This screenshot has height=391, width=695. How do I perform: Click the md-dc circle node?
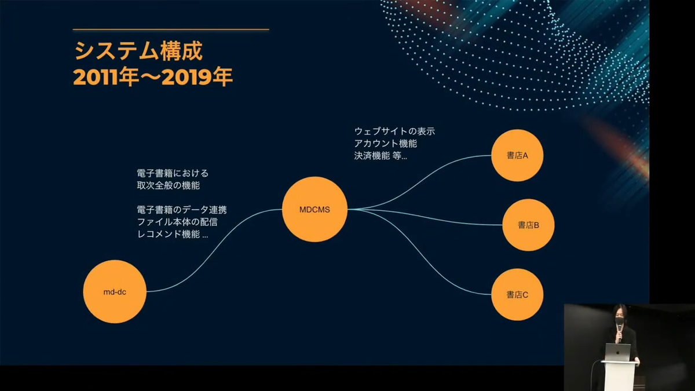coord(115,292)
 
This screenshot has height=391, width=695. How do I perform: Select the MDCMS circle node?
coord(314,210)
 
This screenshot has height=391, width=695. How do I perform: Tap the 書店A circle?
coord(517,155)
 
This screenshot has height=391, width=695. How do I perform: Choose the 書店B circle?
coord(528,225)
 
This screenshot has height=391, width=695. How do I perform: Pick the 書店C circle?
coord(517,294)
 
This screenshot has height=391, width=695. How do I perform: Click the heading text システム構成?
coord(138,51)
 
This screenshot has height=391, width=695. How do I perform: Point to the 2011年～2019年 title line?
coord(153,76)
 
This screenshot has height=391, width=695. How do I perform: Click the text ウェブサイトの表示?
coord(394,131)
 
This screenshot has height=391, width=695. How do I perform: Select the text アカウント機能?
coord(386,144)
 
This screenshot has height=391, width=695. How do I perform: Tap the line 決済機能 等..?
coord(381,155)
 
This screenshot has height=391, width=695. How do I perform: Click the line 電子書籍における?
coord(173,173)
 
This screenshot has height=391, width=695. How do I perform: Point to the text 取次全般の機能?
coord(168,185)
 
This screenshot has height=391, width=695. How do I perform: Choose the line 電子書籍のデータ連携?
coord(182,210)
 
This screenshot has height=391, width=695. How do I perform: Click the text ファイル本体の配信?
coord(177,222)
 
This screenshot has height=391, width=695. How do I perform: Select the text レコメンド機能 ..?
coord(169,234)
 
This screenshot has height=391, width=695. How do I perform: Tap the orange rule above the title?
coord(171,30)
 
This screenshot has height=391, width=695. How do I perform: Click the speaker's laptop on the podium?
coord(618,352)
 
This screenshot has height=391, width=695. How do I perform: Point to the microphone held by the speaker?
coord(620,331)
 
